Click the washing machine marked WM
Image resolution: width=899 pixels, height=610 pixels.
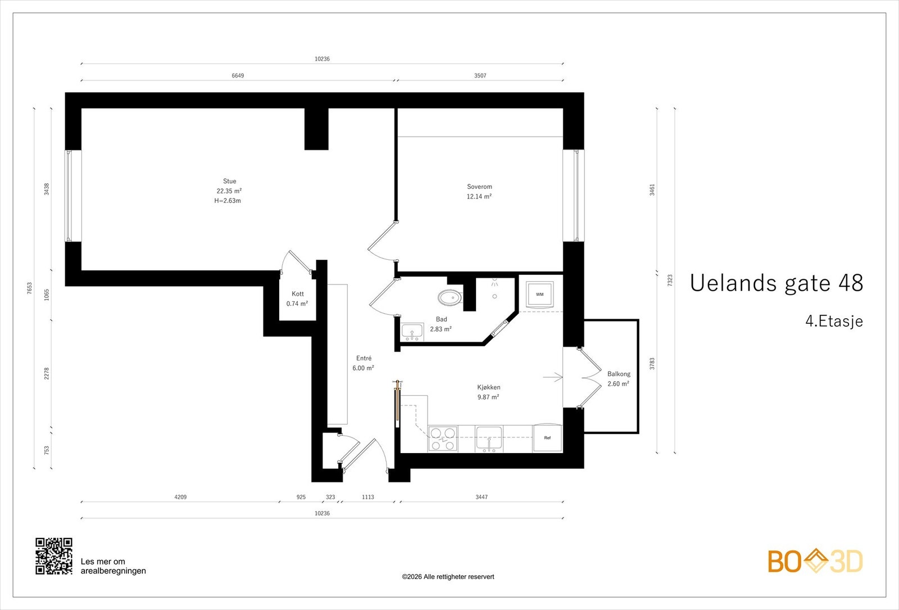click(540, 295)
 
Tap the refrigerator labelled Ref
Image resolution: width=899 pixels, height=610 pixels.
click(547, 438)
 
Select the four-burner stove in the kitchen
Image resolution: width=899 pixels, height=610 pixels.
click(443, 439)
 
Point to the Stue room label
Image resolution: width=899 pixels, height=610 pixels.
click(230, 181)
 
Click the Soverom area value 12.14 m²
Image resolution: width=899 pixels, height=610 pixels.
click(479, 196)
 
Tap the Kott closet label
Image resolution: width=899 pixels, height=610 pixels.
click(298, 294)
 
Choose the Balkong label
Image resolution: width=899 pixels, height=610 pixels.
click(619, 374)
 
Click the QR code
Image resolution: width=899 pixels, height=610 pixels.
click(54, 556)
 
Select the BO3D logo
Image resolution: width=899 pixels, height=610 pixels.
click(815, 561)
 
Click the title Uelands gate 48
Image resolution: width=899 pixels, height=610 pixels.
click(776, 283)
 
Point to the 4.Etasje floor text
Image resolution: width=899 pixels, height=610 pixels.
click(834, 321)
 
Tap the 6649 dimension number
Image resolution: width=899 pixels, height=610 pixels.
click(238, 75)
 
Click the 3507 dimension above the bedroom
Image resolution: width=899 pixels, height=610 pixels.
click(480, 75)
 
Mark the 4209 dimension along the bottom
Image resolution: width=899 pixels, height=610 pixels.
click(180, 497)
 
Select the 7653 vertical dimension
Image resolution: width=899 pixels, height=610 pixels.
click(29, 288)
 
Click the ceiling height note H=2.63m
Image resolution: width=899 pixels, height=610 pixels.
click(228, 201)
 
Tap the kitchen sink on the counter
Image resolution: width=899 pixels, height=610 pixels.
click(489, 439)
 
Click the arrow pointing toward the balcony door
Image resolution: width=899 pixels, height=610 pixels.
click(553, 377)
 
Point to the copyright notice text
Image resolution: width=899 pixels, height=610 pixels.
click(448, 577)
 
